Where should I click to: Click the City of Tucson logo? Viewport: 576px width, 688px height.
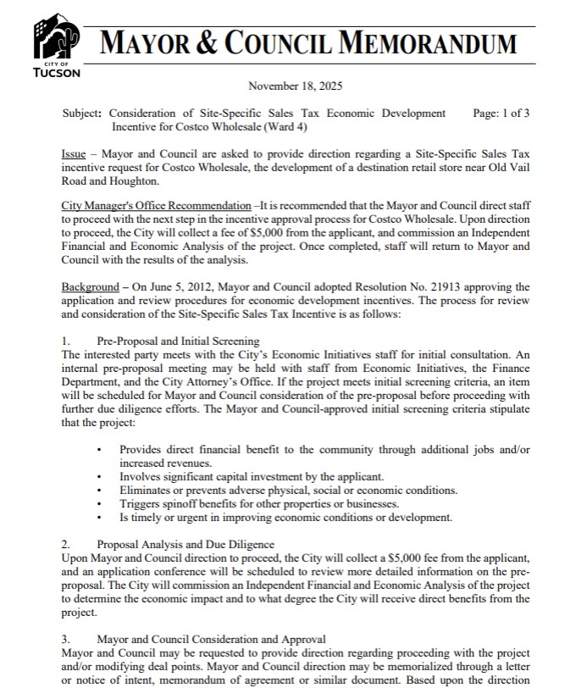click(x=57, y=42)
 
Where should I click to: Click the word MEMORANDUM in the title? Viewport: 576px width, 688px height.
click(x=430, y=42)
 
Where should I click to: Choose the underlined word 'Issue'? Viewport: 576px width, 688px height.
click(x=74, y=154)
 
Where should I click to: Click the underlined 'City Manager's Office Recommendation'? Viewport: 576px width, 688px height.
click(x=157, y=206)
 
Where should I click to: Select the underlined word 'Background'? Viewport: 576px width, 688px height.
click(x=91, y=287)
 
